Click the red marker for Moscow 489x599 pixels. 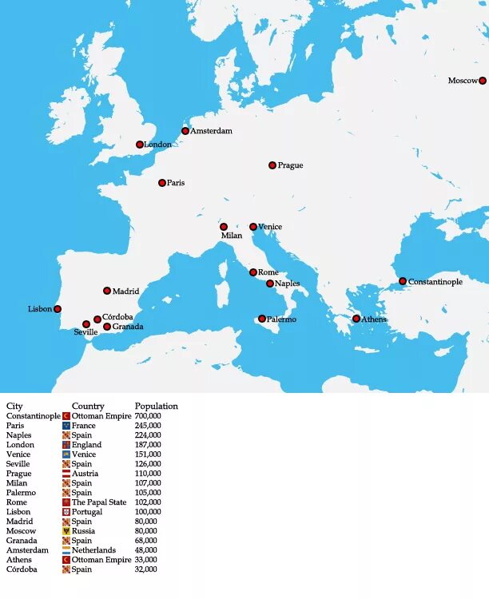[483, 81]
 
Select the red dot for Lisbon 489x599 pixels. [58, 309]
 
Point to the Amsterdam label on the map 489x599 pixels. [211, 131]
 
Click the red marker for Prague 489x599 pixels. [272, 165]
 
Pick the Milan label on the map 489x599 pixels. [232, 236]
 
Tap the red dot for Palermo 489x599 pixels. [262, 319]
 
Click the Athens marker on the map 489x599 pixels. [356, 319]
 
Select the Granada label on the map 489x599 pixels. [128, 327]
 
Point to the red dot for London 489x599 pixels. [140, 145]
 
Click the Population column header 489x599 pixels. [157, 406]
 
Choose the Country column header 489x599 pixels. [88, 406]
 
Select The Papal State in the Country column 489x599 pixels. [99, 502]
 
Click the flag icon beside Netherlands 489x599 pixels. [66, 550]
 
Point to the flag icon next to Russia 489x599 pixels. [66, 531]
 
